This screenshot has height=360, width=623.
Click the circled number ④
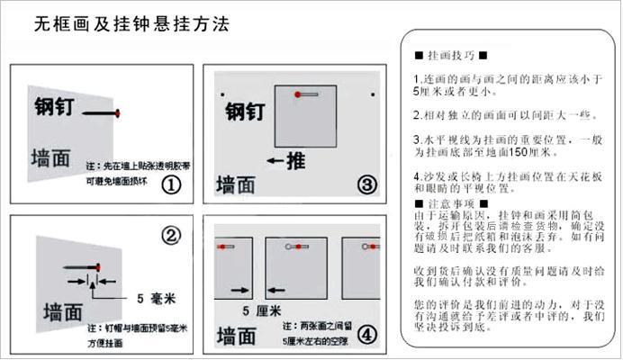tap(366, 335)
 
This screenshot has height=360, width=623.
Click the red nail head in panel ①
tap(117, 112)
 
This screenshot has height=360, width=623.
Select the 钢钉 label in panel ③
tap(244, 112)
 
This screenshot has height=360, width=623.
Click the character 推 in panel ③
tap(295, 163)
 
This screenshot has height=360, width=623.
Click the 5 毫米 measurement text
tap(156, 297)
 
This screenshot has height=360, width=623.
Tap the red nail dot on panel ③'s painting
tap(297, 94)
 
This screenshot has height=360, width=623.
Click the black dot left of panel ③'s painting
tap(221, 94)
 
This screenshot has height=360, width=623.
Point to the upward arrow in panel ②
tap(91, 283)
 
